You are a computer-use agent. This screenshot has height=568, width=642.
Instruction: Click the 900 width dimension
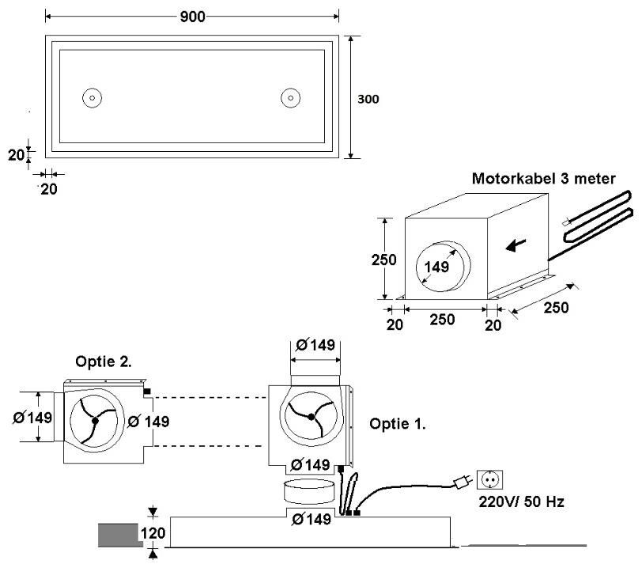(192, 17)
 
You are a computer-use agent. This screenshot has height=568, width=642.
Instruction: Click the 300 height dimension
(368, 99)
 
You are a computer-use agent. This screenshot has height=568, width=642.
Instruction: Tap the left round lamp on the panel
(93, 98)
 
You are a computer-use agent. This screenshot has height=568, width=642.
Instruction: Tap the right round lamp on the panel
(290, 98)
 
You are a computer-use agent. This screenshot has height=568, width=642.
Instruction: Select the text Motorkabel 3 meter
(543, 179)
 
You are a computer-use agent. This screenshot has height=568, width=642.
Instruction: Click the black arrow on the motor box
(515, 245)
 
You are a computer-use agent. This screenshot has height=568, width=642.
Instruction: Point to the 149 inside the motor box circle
(436, 267)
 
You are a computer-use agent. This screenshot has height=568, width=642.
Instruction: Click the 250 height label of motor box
(383, 259)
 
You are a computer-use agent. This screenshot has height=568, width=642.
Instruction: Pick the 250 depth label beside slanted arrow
(556, 308)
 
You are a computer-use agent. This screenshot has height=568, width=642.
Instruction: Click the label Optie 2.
(103, 362)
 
